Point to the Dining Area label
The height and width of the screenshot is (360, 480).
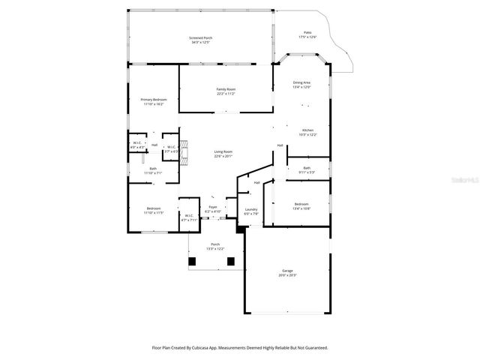click(301, 84)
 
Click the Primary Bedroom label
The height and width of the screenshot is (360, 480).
click(154, 101)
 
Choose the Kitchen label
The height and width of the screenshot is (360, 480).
click(308, 131)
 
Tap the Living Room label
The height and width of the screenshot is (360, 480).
click(223, 154)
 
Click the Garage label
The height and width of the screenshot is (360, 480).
click(287, 273)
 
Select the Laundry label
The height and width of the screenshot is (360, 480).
click(251, 211)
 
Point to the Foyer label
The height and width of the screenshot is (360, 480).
click(213, 208)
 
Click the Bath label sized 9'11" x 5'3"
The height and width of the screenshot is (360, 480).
click(306, 169)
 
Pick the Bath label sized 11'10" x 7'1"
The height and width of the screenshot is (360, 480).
click(153, 171)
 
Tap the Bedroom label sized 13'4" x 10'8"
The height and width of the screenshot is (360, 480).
click(301, 205)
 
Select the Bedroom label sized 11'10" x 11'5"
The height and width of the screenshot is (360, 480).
click(153, 210)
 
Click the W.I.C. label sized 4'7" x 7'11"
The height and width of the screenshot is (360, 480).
click(189, 217)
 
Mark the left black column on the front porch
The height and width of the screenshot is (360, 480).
click(193, 261)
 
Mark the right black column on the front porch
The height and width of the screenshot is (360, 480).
click(231, 261)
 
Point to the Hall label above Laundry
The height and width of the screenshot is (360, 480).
click(256, 182)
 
